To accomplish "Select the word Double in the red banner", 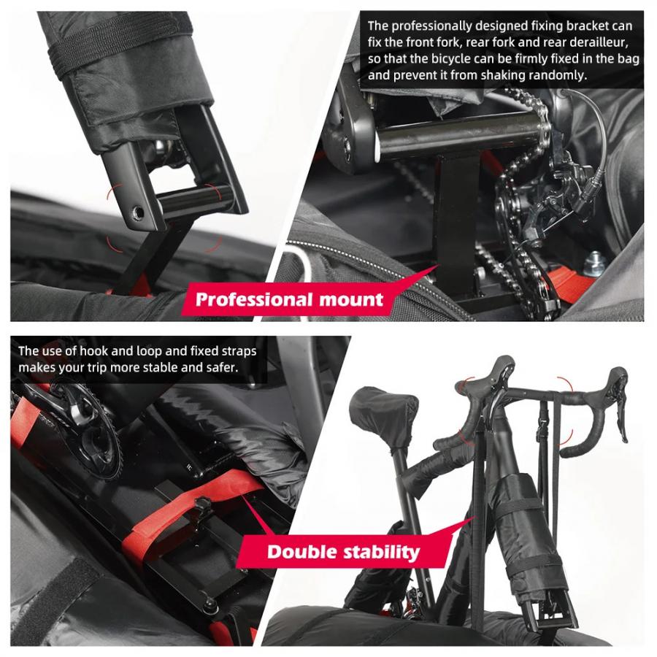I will pyautogui.click(x=299, y=551).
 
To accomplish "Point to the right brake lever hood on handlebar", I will pyautogui.click(x=617, y=383).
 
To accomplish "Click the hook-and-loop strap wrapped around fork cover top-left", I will pyautogui.click(x=109, y=55).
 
